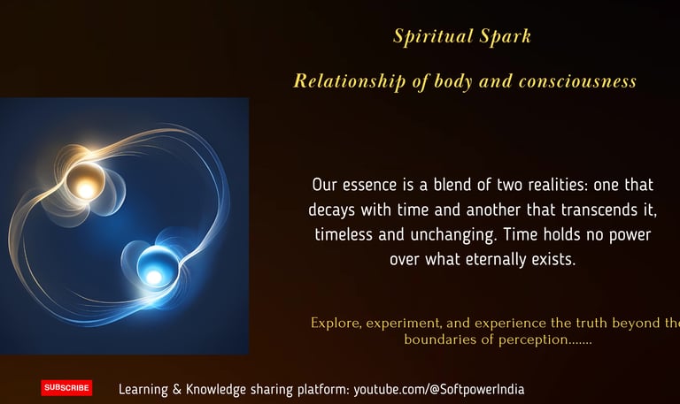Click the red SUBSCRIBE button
(x=66, y=387)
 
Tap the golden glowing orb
(x=85, y=182)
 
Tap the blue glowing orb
(x=157, y=266)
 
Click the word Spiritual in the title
(x=433, y=36)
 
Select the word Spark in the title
(x=506, y=36)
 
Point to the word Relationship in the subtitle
(x=349, y=81)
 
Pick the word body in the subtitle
(x=453, y=81)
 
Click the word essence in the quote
(x=369, y=185)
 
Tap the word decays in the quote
(x=332, y=210)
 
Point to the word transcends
(x=597, y=210)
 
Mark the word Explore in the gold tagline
(x=336, y=324)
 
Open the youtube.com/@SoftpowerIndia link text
(x=439, y=389)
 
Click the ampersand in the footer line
(x=177, y=389)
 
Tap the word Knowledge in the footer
(x=216, y=390)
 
